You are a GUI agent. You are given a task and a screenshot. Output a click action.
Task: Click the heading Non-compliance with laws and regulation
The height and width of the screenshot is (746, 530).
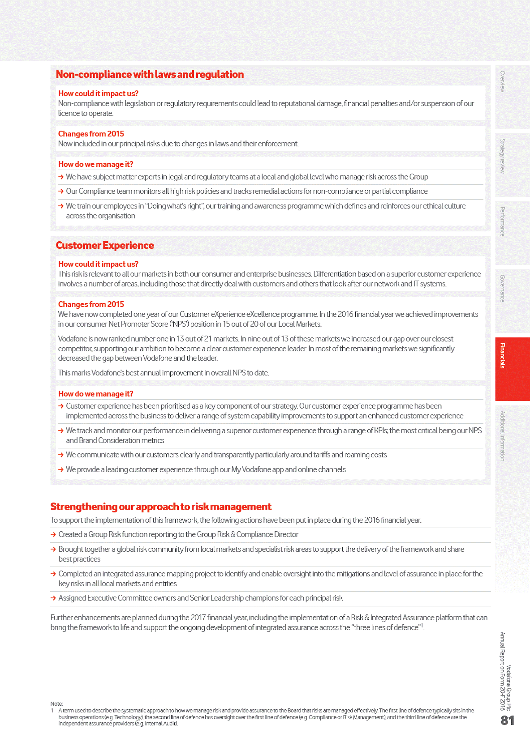(x=150, y=75)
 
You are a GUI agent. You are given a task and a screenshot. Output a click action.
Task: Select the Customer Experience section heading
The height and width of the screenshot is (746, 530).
(x=105, y=246)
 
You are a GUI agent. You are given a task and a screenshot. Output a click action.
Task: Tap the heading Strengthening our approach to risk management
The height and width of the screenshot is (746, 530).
(x=161, y=507)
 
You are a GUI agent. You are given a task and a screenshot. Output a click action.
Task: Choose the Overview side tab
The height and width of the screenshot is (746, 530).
(x=503, y=82)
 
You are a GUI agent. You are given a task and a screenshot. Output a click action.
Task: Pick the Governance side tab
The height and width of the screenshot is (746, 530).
(x=503, y=289)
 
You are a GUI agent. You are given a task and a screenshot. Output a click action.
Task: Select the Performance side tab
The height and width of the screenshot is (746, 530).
(x=503, y=222)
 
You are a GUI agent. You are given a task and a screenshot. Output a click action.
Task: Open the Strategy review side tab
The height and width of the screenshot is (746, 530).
(x=503, y=156)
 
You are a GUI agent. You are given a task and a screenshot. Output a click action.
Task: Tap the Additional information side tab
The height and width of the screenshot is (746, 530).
(x=503, y=436)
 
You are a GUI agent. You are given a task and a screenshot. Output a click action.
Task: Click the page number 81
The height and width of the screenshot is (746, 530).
(x=508, y=720)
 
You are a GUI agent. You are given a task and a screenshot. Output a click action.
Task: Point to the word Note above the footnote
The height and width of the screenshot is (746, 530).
(x=56, y=704)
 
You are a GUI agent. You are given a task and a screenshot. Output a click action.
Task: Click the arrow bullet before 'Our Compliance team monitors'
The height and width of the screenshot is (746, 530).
(x=61, y=192)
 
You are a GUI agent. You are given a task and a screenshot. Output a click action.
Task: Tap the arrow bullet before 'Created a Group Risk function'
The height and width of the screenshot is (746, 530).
(x=53, y=535)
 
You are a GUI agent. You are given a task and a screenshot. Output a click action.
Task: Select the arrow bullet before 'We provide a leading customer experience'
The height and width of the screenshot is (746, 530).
(x=61, y=470)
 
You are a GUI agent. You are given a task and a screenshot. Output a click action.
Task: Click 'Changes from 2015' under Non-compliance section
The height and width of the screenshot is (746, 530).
(x=91, y=134)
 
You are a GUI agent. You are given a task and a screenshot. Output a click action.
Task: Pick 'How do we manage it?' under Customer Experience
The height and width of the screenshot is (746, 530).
(x=96, y=394)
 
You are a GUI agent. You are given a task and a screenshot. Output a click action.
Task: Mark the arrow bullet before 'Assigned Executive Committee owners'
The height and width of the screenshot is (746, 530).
(x=53, y=598)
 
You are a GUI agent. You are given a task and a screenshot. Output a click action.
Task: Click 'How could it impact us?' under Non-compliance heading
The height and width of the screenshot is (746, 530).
(x=98, y=94)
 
